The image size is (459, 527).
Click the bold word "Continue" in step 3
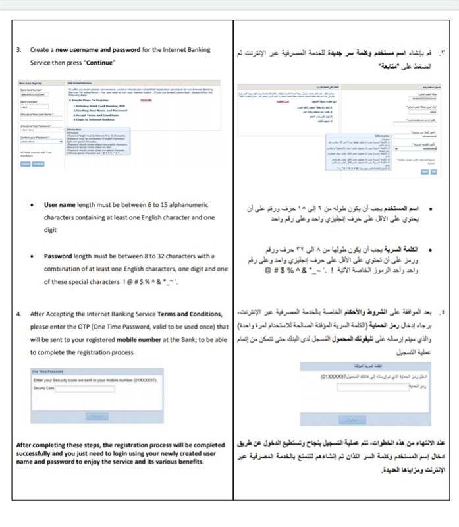(x=99, y=63)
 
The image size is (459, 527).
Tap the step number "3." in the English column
(x=20, y=50)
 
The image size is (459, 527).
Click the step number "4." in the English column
(x=20, y=314)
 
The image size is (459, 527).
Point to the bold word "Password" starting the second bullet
(x=59, y=256)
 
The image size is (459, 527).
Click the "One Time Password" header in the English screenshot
(x=47, y=372)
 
